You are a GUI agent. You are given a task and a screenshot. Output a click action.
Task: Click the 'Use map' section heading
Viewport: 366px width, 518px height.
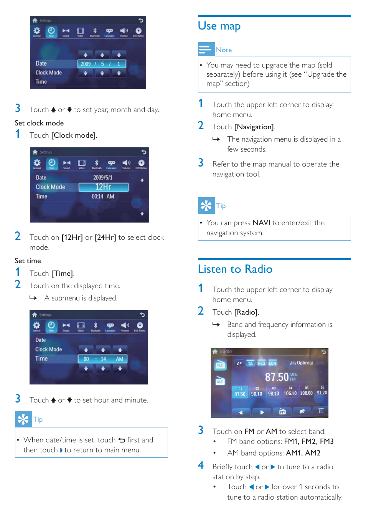[219, 26]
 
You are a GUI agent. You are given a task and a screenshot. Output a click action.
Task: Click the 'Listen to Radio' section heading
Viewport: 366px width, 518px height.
[235, 269]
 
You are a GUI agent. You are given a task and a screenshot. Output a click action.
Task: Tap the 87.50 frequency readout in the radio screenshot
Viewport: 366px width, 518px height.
[277, 377]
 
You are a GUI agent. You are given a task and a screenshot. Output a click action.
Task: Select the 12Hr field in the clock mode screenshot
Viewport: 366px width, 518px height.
[103, 187]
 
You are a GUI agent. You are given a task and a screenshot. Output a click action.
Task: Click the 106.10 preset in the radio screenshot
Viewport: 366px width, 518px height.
[290, 393]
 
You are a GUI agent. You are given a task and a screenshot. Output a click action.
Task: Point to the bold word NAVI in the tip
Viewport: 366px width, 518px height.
[261, 223]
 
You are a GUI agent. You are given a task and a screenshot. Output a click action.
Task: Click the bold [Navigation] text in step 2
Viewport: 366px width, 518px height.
[254, 127]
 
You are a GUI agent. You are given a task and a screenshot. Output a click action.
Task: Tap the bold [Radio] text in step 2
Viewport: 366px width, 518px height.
[246, 312]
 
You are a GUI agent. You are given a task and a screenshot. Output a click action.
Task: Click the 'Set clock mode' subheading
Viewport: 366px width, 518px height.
[39, 123]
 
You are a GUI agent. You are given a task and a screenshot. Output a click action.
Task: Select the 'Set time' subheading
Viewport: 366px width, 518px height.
[28, 261]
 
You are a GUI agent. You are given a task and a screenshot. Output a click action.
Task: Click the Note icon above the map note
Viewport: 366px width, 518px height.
[206, 49]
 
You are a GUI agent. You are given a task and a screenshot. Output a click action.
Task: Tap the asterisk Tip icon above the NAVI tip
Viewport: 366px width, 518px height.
[206, 206]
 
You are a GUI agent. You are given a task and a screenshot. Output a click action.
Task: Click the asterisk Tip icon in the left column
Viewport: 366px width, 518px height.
[23, 419]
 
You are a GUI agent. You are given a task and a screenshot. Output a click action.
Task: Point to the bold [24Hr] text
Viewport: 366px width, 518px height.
[105, 238]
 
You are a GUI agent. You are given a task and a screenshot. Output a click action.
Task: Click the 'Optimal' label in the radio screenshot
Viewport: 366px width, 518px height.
[305, 363]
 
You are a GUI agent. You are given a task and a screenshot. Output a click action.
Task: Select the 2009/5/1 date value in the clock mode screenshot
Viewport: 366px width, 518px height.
[102, 178]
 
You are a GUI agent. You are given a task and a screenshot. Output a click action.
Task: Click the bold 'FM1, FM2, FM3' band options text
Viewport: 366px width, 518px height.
[308, 442]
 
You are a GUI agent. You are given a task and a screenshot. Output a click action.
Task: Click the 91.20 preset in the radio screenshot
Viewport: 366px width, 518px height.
[322, 393]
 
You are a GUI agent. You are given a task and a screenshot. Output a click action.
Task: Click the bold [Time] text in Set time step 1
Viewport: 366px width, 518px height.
[62, 274]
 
